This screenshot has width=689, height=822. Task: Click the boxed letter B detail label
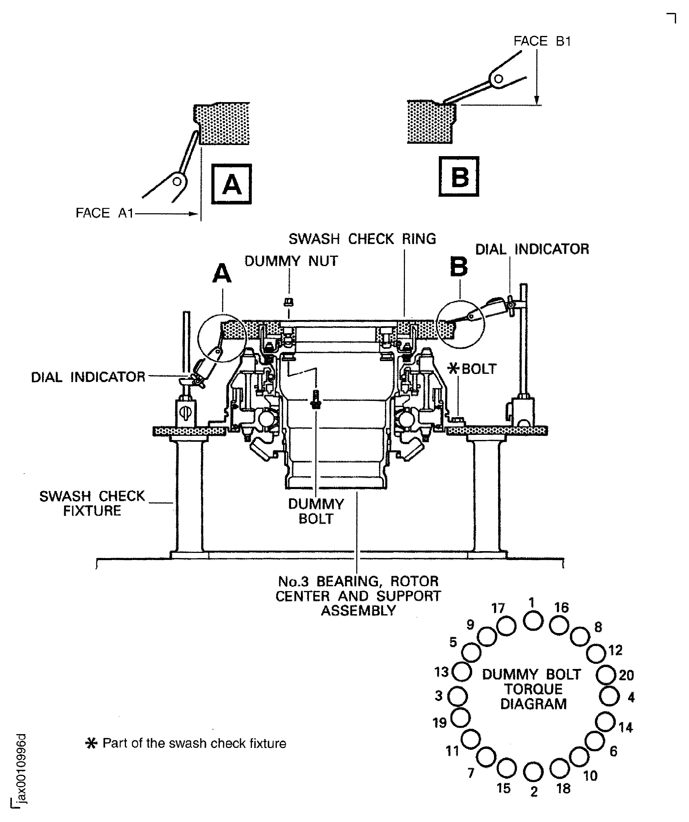pyautogui.click(x=459, y=177)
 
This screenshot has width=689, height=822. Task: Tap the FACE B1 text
pyautogui.click(x=542, y=41)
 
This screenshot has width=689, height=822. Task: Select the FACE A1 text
pyautogui.click(x=104, y=213)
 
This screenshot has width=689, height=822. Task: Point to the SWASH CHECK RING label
pyautogui.click(x=362, y=239)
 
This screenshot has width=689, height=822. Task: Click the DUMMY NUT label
pyautogui.click(x=291, y=261)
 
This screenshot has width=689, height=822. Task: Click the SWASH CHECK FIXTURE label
pyautogui.click(x=92, y=503)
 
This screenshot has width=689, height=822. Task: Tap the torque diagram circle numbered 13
pyautogui.click(x=462, y=672)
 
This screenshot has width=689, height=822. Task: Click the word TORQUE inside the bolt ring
pyautogui.click(x=533, y=689)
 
